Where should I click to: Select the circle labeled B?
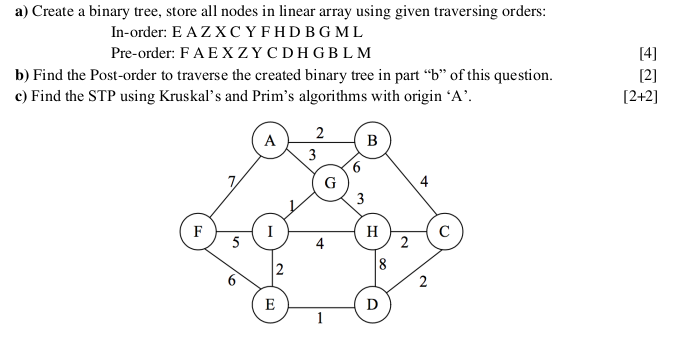tap(373, 140)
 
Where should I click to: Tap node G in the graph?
tap(329, 182)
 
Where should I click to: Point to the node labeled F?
tap(197, 231)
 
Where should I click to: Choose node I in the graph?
tap(270, 231)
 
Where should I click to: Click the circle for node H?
tap(372, 231)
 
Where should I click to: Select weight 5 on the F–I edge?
tap(236, 242)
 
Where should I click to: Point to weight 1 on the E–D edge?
tap(319, 320)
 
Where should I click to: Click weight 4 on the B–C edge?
tap(425, 182)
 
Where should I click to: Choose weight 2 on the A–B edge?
tap(319, 133)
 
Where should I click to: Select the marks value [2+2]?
tap(640, 97)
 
